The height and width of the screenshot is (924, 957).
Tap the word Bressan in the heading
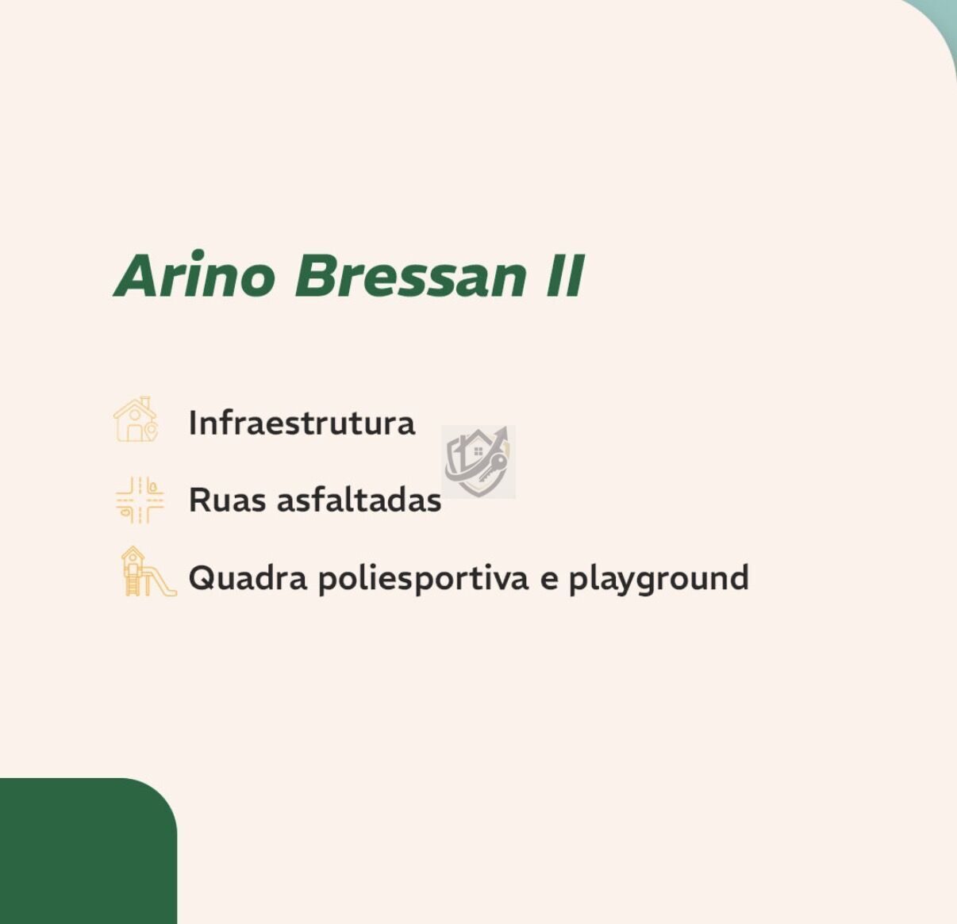(411, 276)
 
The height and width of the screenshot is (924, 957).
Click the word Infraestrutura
(302, 423)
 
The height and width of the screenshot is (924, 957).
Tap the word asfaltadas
(359, 500)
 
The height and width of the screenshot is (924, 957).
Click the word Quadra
(248, 578)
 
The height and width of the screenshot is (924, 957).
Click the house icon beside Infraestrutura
(136, 420)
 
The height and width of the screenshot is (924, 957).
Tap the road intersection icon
(140, 500)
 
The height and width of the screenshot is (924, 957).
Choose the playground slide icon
(148, 571)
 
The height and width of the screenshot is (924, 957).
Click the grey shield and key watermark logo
(478, 462)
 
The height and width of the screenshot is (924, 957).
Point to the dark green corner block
(89, 851)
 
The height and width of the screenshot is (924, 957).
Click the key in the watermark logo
(492, 467)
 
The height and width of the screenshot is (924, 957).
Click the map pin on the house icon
(151, 431)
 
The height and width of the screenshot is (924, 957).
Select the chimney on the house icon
(145, 401)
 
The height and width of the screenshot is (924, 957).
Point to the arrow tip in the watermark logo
(505, 428)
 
